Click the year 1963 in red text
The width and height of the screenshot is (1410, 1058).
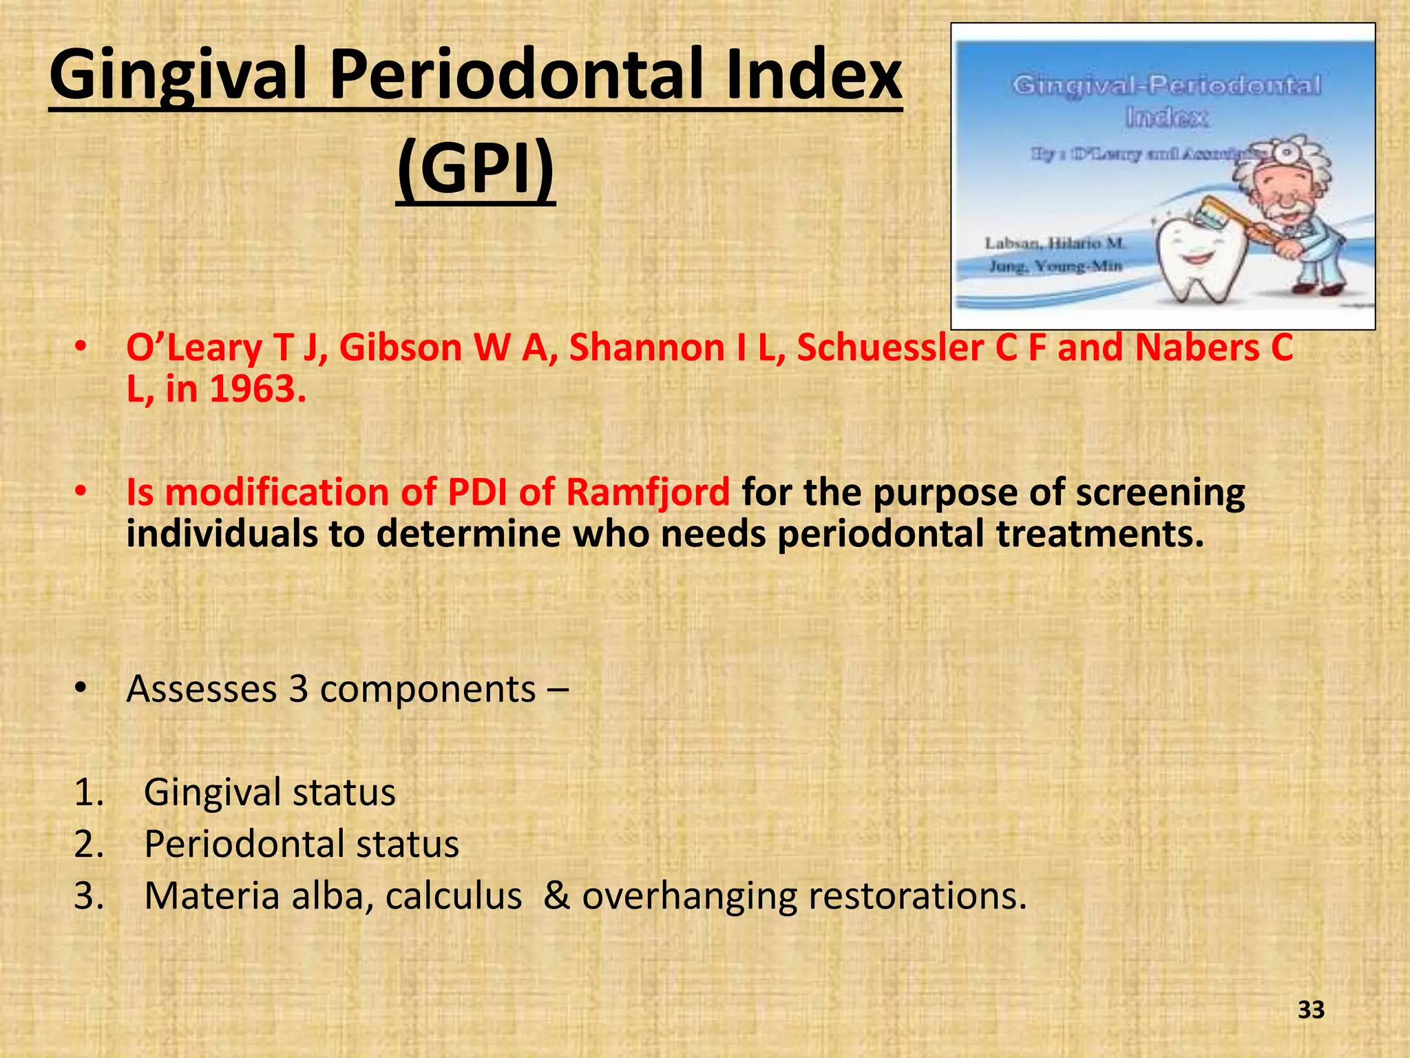(x=257, y=389)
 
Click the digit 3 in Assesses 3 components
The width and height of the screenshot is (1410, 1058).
(x=298, y=689)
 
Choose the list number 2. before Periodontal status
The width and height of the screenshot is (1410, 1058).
(x=88, y=844)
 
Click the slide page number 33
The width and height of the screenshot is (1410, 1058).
(x=1311, y=1010)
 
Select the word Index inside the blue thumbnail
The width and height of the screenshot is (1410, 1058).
(x=1166, y=118)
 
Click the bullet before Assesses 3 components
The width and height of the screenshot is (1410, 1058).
(x=81, y=689)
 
